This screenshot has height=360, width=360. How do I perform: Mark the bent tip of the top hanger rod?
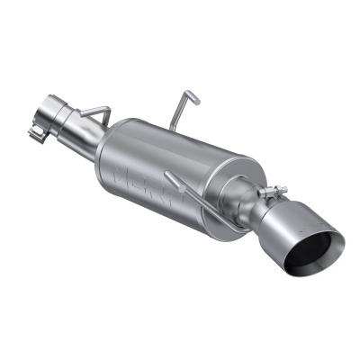click(x=192, y=93)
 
